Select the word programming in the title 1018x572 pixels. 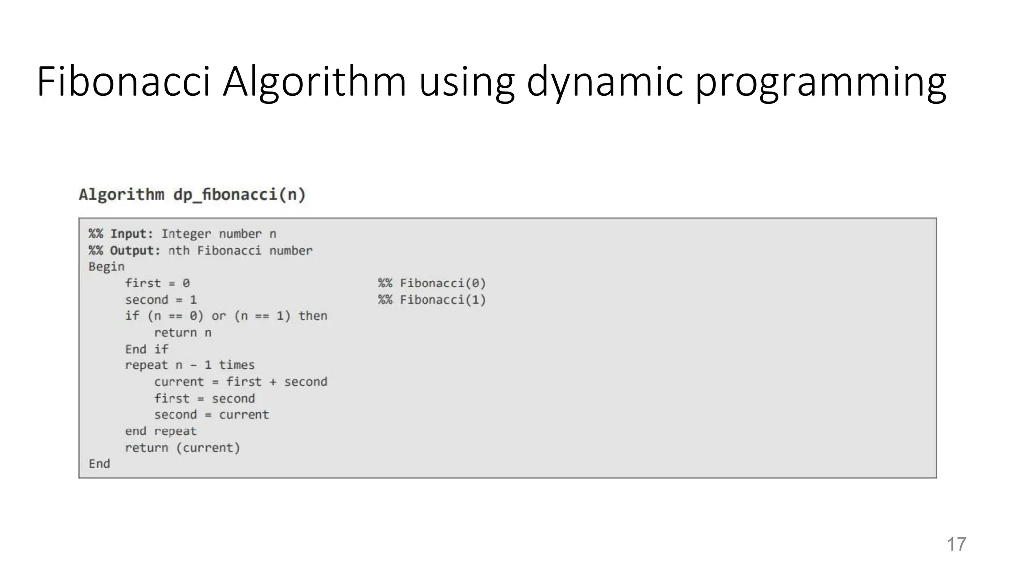coord(820,81)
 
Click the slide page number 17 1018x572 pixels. coord(956,544)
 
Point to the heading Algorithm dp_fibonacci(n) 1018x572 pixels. coord(192,194)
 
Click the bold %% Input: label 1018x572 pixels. coord(121,234)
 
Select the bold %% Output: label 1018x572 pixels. coord(124,250)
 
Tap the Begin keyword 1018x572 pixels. coord(106,267)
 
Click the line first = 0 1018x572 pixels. coord(157,283)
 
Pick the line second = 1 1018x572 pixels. coord(161,300)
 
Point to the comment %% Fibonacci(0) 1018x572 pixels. coord(431,283)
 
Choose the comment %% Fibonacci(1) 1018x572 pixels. coord(431,300)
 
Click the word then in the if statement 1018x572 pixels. coord(313,316)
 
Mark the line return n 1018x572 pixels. coord(182,333)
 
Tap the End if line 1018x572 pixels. coord(146,349)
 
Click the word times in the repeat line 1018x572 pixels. coord(237,365)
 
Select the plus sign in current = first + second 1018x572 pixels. coord(273,382)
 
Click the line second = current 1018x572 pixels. coord(211,415)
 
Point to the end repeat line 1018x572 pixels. coord(161,431)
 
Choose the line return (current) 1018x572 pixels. coord(182,448)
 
